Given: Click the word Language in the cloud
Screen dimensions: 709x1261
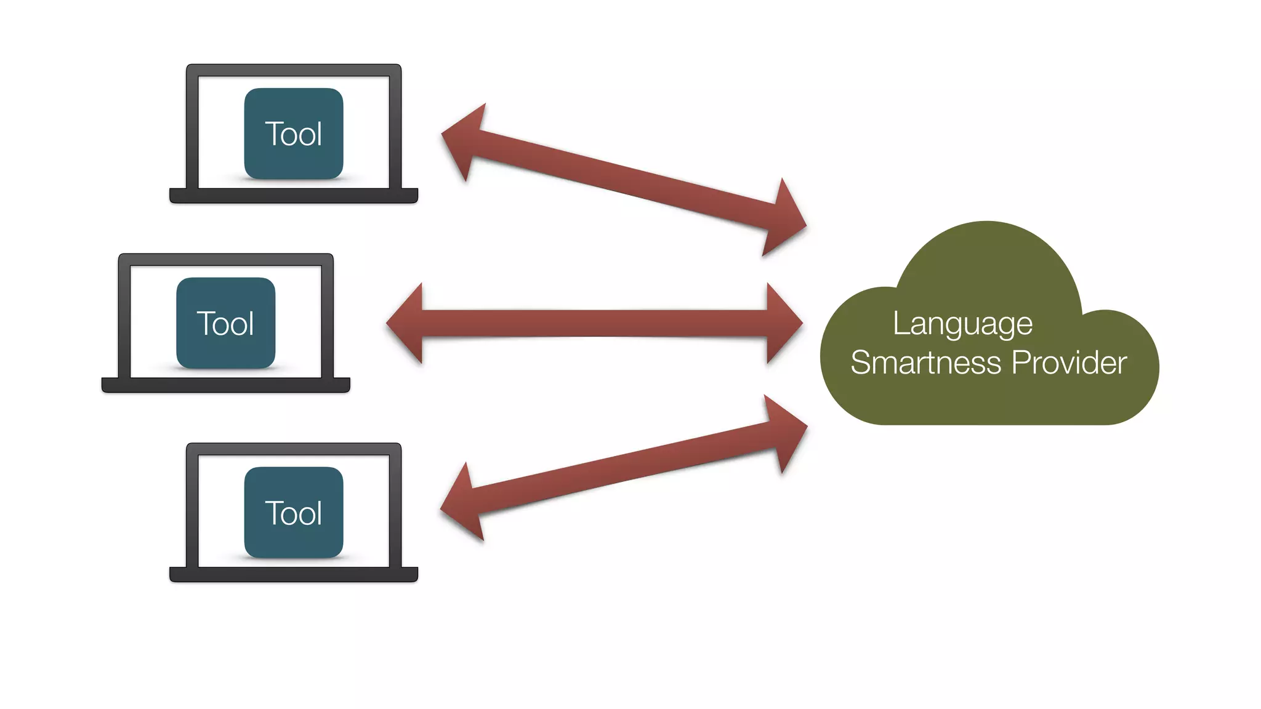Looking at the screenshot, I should [x=962, y=324].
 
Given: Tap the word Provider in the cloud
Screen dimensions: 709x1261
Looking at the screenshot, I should [x=1069, y=363].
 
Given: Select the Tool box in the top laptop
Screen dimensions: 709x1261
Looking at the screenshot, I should [x=294, y=134].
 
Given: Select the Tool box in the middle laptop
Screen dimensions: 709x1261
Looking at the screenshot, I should [x=225, y=323].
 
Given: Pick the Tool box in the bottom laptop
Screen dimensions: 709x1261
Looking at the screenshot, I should [x=294, y=513].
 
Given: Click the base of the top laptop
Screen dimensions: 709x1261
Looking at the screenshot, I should [x=294, y=196].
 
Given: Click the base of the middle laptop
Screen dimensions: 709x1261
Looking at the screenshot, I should [x=225, y=385].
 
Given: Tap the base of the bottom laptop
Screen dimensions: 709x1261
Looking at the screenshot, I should [x=294, y=575].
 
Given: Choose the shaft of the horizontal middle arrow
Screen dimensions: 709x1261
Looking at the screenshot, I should [x=594, y=323].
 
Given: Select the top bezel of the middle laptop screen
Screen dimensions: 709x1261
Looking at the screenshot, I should [x=225, y=260].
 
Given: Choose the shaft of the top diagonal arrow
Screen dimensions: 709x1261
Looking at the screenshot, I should [x=622, y=178].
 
